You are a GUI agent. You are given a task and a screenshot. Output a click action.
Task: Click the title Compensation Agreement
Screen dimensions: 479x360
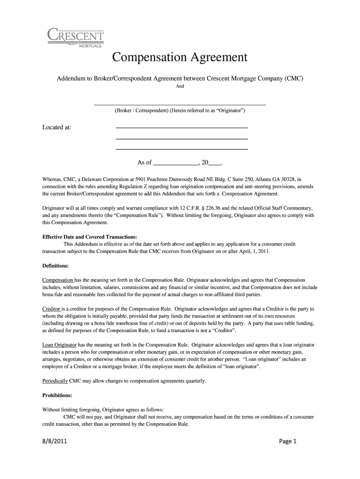coord(180,58)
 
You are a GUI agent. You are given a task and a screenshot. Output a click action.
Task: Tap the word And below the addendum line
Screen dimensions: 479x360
coord(180,87)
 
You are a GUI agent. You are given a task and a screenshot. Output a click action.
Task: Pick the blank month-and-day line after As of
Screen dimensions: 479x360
coord(175,163)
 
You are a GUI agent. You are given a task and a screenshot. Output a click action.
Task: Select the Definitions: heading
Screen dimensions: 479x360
coord(56,266)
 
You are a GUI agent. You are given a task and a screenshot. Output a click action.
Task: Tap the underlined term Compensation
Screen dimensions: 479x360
coord(58,280)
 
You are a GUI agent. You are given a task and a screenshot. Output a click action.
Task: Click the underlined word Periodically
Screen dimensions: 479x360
coord(55,381)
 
